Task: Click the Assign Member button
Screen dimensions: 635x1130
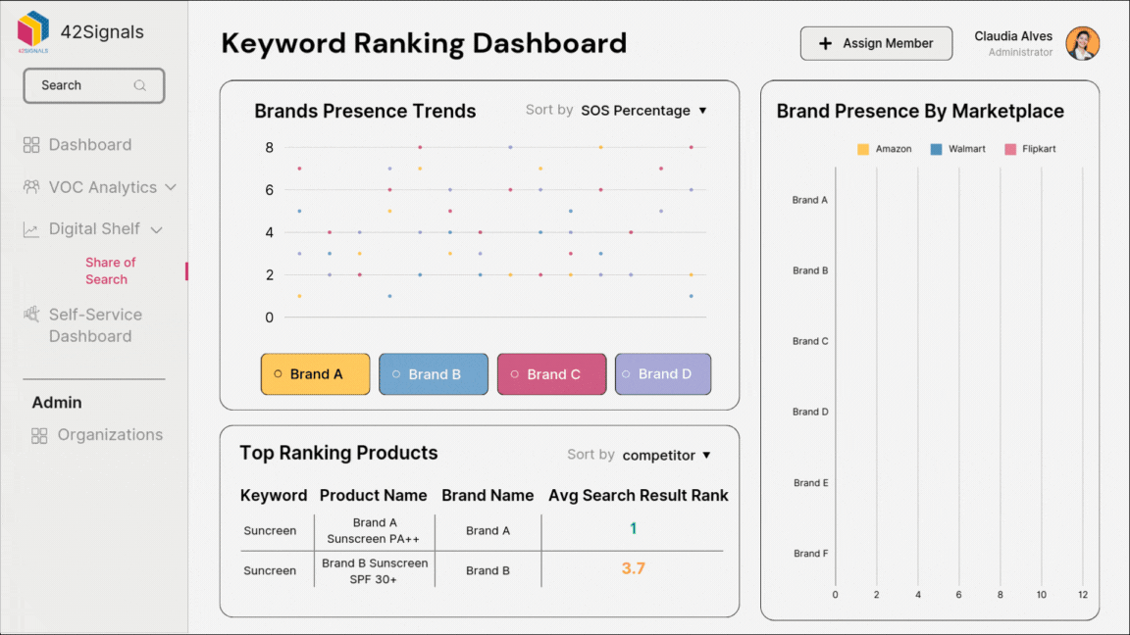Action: (876, 43)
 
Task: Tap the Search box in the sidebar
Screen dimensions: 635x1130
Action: (94, 85)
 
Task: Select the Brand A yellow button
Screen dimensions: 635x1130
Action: (315, 374)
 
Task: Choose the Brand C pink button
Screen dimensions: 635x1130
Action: (551, 374)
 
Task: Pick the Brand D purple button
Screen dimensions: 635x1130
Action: (662, 374)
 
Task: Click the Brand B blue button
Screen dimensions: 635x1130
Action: (433, 374)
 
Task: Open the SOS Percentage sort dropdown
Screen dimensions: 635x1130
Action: (643, 111)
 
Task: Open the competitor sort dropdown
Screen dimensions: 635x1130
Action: (666, 455)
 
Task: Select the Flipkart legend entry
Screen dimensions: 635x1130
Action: (1030, 149)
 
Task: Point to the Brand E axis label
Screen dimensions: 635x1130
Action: (810, 482)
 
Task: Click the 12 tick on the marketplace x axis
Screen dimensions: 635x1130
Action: (1083, 595)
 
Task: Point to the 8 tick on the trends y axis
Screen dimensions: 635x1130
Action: (269, 148)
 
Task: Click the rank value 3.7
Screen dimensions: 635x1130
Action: (633, 568)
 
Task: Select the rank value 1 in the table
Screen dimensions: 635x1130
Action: (633, 528)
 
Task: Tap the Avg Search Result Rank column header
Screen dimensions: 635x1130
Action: (638, 495)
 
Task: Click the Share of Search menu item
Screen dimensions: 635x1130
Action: (110, 270)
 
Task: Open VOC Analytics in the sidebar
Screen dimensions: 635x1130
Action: (102, 187)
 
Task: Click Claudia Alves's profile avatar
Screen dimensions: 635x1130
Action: (1082, 43)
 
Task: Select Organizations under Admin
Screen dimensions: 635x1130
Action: (109, 435)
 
